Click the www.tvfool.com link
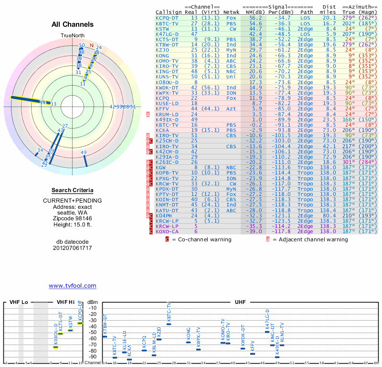[72, 286]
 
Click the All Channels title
[73, 24]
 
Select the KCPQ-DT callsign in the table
[167, 18]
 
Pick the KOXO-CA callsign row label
[167, 231]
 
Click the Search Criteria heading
[72, 191]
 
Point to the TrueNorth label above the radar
[72, 36]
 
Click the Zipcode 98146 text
[72, 218]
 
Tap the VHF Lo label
[19, 302]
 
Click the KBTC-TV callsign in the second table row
[167, 23]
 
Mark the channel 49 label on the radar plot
[84, 153]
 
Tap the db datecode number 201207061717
[72, 248]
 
